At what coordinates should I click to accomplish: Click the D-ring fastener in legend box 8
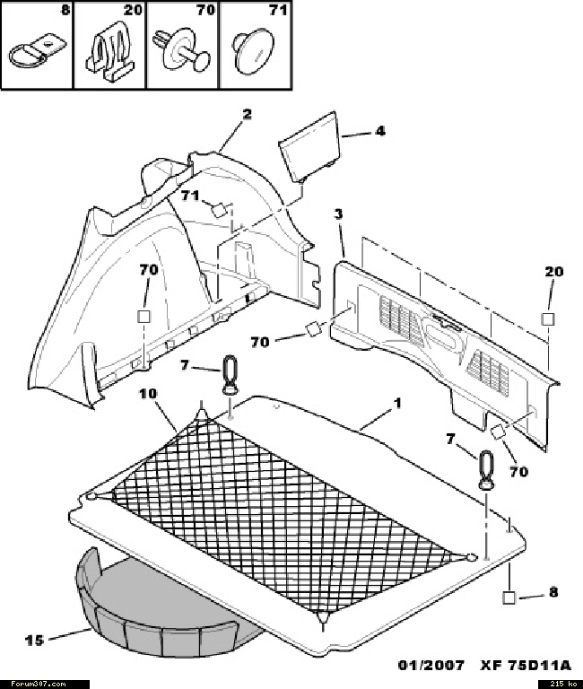(x=38, y=52)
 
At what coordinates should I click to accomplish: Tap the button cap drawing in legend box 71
(x=253, y=51)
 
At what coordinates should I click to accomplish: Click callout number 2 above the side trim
(x=248, y=114)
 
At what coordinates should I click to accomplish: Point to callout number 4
(x=380, y=130)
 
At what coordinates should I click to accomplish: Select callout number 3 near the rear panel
(x=338, y=214)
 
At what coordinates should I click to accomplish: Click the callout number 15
(x=34, y=641)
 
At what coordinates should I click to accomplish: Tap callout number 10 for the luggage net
(x=148, y=393)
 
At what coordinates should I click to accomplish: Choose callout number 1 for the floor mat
(x=397, y=403)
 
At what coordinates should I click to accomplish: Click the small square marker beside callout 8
(x=509, y=598)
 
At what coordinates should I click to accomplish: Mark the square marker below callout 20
(x=547, y=319)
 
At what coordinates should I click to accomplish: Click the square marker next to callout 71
(x=218, y=210)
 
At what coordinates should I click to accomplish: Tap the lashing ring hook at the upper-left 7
(x=230, y=376)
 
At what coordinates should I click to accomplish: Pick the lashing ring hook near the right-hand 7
(x=486, y=470)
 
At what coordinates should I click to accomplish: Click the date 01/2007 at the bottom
(x=431, y=666)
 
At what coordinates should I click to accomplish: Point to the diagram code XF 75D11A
(x=526, y=666)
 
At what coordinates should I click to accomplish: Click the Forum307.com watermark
(x=39, y=685)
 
